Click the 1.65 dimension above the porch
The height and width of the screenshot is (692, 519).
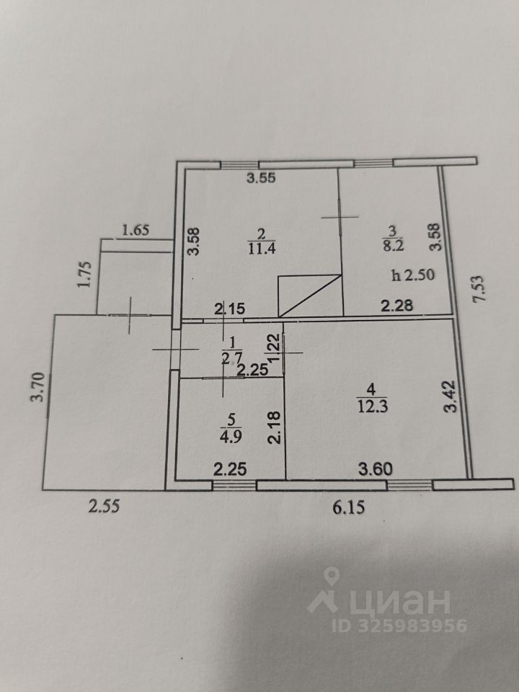pyautogui.click(x=136, y=231)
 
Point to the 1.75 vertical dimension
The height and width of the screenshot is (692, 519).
pyautogui.click(x=84, y=275)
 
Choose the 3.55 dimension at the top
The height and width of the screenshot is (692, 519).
pyautogui.click(x=262, y=179)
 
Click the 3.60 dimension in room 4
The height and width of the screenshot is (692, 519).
pyautogui.click(x=376, y=469)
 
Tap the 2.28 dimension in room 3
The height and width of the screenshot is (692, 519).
pyautogui.click(x=396, y=305)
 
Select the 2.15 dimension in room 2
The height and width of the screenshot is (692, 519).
pyautogui.click(x=229, y=309)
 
